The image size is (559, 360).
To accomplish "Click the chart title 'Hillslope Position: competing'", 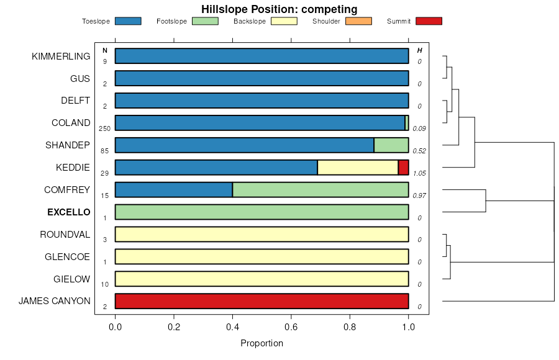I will [x=279, y=9].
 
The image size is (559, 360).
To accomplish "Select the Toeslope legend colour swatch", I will [x=128, y=21].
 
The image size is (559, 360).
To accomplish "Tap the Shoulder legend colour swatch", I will [x=358, y=21].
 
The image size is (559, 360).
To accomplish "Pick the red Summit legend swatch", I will [x=429, y=21].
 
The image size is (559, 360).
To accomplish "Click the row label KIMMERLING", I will [x=61, y=56].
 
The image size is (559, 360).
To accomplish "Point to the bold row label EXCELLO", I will [x=68, y=212].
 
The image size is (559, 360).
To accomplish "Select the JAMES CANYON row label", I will [x=54, y=302].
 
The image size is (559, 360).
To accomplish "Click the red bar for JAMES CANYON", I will [x=261, y=301].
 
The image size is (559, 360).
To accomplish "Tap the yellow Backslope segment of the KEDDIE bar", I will [x=357, y=168].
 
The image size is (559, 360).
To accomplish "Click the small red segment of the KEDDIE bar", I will [x=403, y=168].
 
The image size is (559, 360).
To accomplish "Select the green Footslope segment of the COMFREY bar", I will [x=320, y=190].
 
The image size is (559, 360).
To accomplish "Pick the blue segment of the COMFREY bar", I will [x=174, y=190].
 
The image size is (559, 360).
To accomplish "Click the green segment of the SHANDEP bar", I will [x=391, y=145].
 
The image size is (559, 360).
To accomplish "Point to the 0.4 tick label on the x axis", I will [x=232, y=326].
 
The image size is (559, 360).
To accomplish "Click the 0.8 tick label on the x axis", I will [x=350, y=326].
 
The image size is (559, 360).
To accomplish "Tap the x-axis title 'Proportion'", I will [x=261, y=343].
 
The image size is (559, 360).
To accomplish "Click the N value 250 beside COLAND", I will [x=104, y=128].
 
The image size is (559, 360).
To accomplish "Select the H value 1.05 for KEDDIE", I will [x=419, y=173].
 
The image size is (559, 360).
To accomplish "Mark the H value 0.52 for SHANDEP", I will [x=419, y=151].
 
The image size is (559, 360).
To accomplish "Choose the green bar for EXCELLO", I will [x=261, y=212].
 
